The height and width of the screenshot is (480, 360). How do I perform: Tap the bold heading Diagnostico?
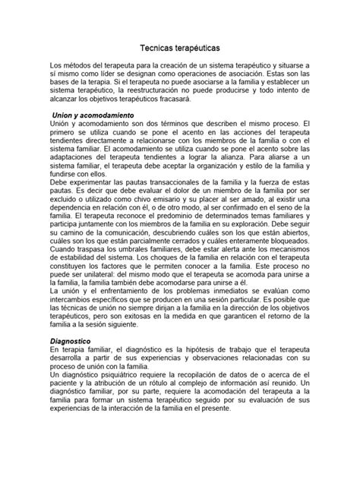click(x=71, y=342)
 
